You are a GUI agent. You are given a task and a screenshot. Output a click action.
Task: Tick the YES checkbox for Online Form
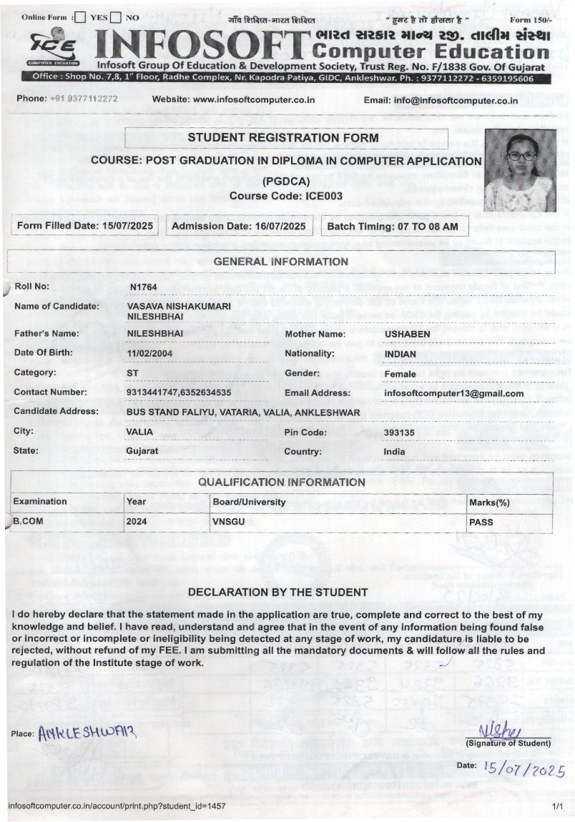81,17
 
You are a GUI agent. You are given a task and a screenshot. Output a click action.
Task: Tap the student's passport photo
519,169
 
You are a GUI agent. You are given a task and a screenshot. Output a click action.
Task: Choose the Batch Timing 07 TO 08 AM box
393,226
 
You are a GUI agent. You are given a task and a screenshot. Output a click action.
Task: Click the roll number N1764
143,287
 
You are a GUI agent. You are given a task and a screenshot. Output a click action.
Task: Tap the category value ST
132,372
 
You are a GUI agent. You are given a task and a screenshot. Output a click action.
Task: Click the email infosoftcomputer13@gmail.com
453,393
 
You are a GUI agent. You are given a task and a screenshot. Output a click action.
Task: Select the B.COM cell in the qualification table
29,522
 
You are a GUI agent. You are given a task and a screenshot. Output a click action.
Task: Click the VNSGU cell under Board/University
228,522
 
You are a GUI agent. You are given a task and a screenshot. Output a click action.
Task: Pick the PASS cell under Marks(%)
481,522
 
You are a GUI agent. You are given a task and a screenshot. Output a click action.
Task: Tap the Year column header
136,502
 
